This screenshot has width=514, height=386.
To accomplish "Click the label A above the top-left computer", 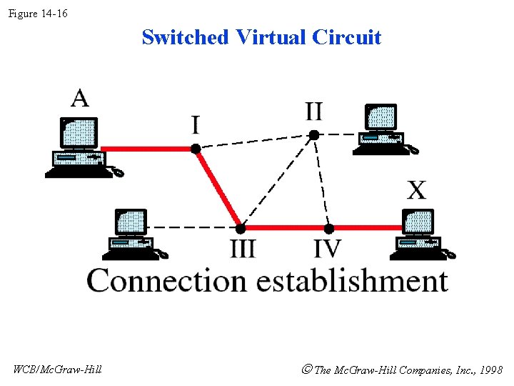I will coord(80,97).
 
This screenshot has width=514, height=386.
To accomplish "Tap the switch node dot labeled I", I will coord(196,149).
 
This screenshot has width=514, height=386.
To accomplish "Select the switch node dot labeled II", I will coord(313,134).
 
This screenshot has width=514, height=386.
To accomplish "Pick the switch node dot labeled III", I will coord(241,228).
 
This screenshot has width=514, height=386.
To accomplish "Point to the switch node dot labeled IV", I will coord(328,228).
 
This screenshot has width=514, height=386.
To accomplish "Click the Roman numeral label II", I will coord(313,112).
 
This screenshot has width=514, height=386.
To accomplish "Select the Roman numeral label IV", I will coord(328,249).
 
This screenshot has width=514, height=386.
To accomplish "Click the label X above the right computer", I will coord(417,191).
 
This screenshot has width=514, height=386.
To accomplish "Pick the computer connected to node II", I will coord(384,129).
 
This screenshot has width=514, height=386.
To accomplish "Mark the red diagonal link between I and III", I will coord(218,188).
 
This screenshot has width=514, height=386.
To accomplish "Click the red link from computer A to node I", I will coord(150,149).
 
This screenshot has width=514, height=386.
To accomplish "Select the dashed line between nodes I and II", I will coord(254,142).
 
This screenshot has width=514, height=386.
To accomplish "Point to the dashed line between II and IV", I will coord(321,181).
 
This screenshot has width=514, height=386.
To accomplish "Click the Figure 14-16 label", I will coord(38,13).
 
